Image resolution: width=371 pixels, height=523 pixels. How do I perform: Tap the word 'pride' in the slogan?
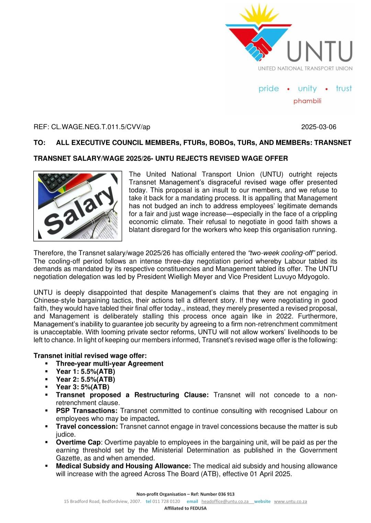coord(269,89)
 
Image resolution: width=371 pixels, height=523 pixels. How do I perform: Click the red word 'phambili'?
coord(307,101)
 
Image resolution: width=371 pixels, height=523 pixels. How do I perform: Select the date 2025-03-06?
coord(318,127)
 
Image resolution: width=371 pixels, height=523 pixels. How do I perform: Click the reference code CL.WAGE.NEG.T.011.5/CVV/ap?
coord(100,127)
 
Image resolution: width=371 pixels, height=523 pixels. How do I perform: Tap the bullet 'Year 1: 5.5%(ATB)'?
coord(86,371)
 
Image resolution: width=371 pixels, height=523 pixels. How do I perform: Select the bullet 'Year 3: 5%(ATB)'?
coord(83,387)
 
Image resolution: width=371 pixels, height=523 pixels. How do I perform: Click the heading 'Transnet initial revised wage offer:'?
coord(90,356)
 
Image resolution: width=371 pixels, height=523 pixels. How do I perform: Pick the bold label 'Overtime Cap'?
coord(78,442)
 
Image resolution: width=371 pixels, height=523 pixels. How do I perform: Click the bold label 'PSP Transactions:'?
coord(87,411)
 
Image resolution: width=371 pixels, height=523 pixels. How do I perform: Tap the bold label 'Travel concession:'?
coord(87,426)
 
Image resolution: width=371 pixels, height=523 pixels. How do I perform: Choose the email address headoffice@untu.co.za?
coord(225,501)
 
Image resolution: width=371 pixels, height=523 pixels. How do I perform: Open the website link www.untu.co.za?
coord(290,501)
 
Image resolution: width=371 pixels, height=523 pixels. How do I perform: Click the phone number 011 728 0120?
coord(166,501)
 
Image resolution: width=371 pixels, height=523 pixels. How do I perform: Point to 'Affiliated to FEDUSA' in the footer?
coord(185,508)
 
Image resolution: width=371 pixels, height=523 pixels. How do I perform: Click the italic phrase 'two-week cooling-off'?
coord(281,253)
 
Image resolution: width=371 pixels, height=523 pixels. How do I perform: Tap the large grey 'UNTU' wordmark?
coord(319,51)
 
